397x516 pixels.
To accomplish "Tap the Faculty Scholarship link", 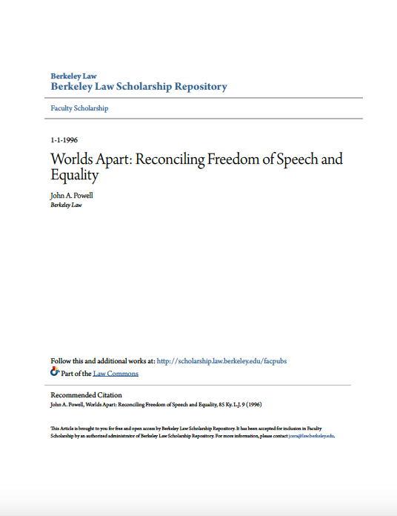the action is point(79,108).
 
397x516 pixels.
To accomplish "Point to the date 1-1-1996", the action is point(64,140).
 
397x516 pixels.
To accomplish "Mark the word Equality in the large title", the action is point(74,176).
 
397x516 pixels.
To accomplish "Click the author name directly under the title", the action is point(72,195).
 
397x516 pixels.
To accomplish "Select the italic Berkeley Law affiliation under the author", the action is point(66,205).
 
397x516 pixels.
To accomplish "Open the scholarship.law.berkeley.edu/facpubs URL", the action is point(222,361).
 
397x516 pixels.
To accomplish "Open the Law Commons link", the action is point(116,373).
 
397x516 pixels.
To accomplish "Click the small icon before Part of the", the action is point(54,372).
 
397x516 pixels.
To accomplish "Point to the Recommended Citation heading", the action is point(86,395).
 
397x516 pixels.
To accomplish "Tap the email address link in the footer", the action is point(311,436).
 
